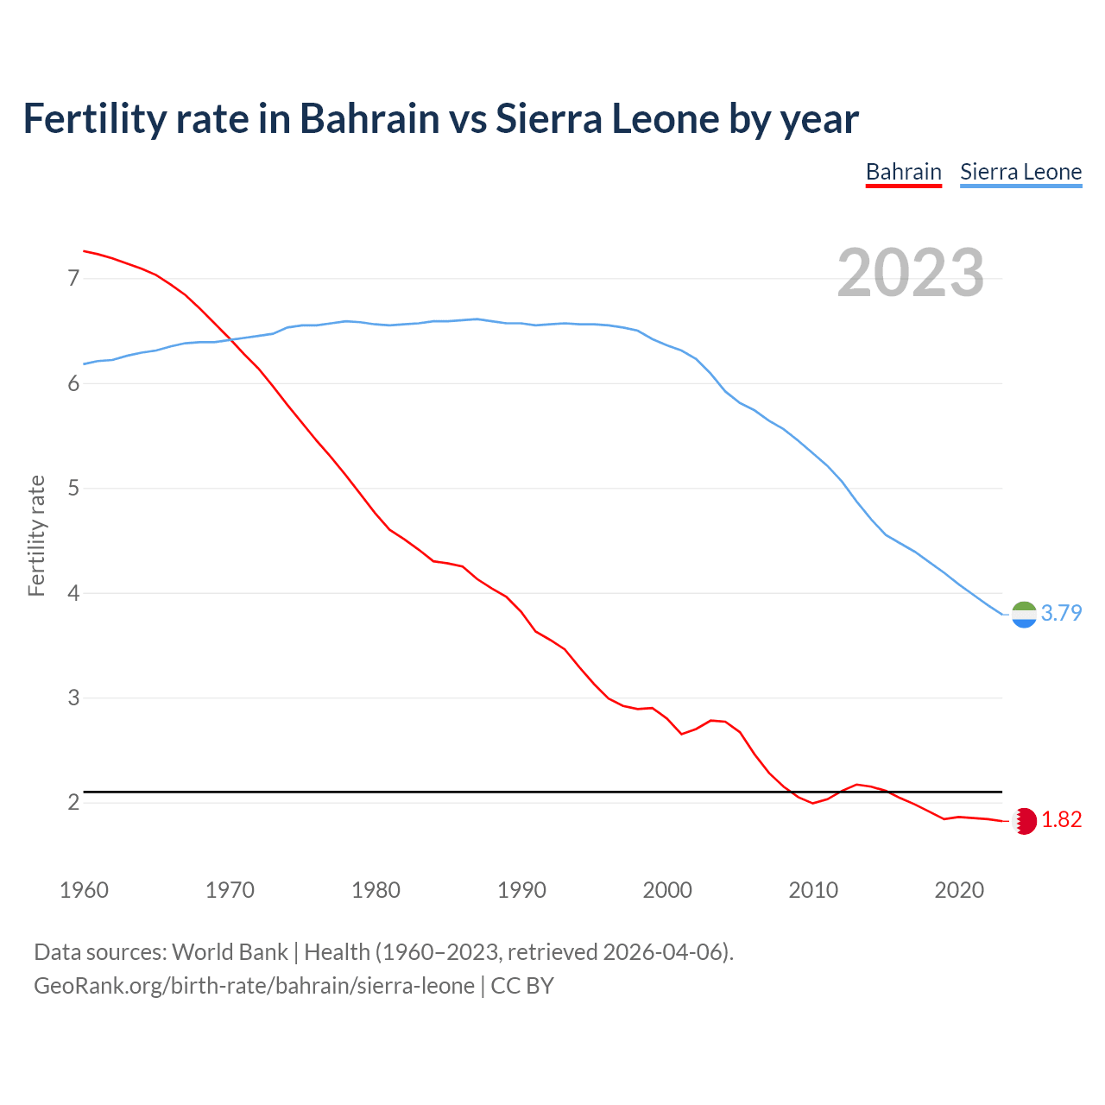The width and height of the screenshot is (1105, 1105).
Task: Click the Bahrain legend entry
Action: click(x=903, y=172)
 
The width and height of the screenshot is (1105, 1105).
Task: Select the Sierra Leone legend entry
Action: click(x=1020, y=172)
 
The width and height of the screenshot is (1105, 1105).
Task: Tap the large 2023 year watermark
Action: click(x=910, y=273)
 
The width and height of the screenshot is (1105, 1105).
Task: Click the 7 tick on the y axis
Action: click(x=73, y=278)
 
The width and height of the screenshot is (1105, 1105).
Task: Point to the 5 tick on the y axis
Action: click(x=73, y=489)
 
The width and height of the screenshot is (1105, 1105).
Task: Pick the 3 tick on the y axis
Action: click(x=73, y=698)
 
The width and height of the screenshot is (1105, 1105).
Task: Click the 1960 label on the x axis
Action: click(x=84, y=890)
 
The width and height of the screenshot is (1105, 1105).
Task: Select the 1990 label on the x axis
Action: click(x=521, y=890)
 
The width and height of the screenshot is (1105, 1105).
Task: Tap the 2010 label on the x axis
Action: click(x=813, y=890)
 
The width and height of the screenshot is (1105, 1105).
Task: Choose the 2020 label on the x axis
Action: click(x=959, y=890)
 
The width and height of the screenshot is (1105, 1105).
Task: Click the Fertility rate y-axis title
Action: click(x=36, y=535)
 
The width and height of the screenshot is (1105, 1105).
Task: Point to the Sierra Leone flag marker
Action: click(x=1024, y=614)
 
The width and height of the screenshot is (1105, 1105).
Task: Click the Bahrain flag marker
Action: click(x=1025, y=820)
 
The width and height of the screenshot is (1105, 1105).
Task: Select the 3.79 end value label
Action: click(x=1061, y=613)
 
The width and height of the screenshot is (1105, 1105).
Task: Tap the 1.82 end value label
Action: click(x=1061, y=819)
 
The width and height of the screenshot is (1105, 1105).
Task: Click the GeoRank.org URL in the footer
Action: click(x=254, y=985)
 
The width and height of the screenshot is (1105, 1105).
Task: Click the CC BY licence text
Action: click(x=522, y=985)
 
